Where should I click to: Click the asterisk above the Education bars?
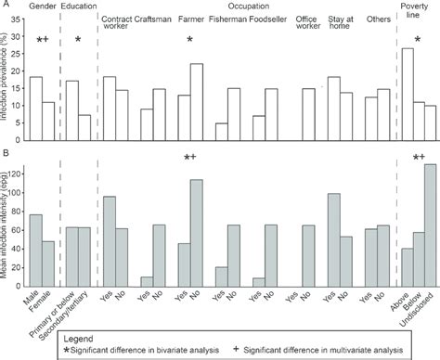pyautogui.click(x=79, y=40)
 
